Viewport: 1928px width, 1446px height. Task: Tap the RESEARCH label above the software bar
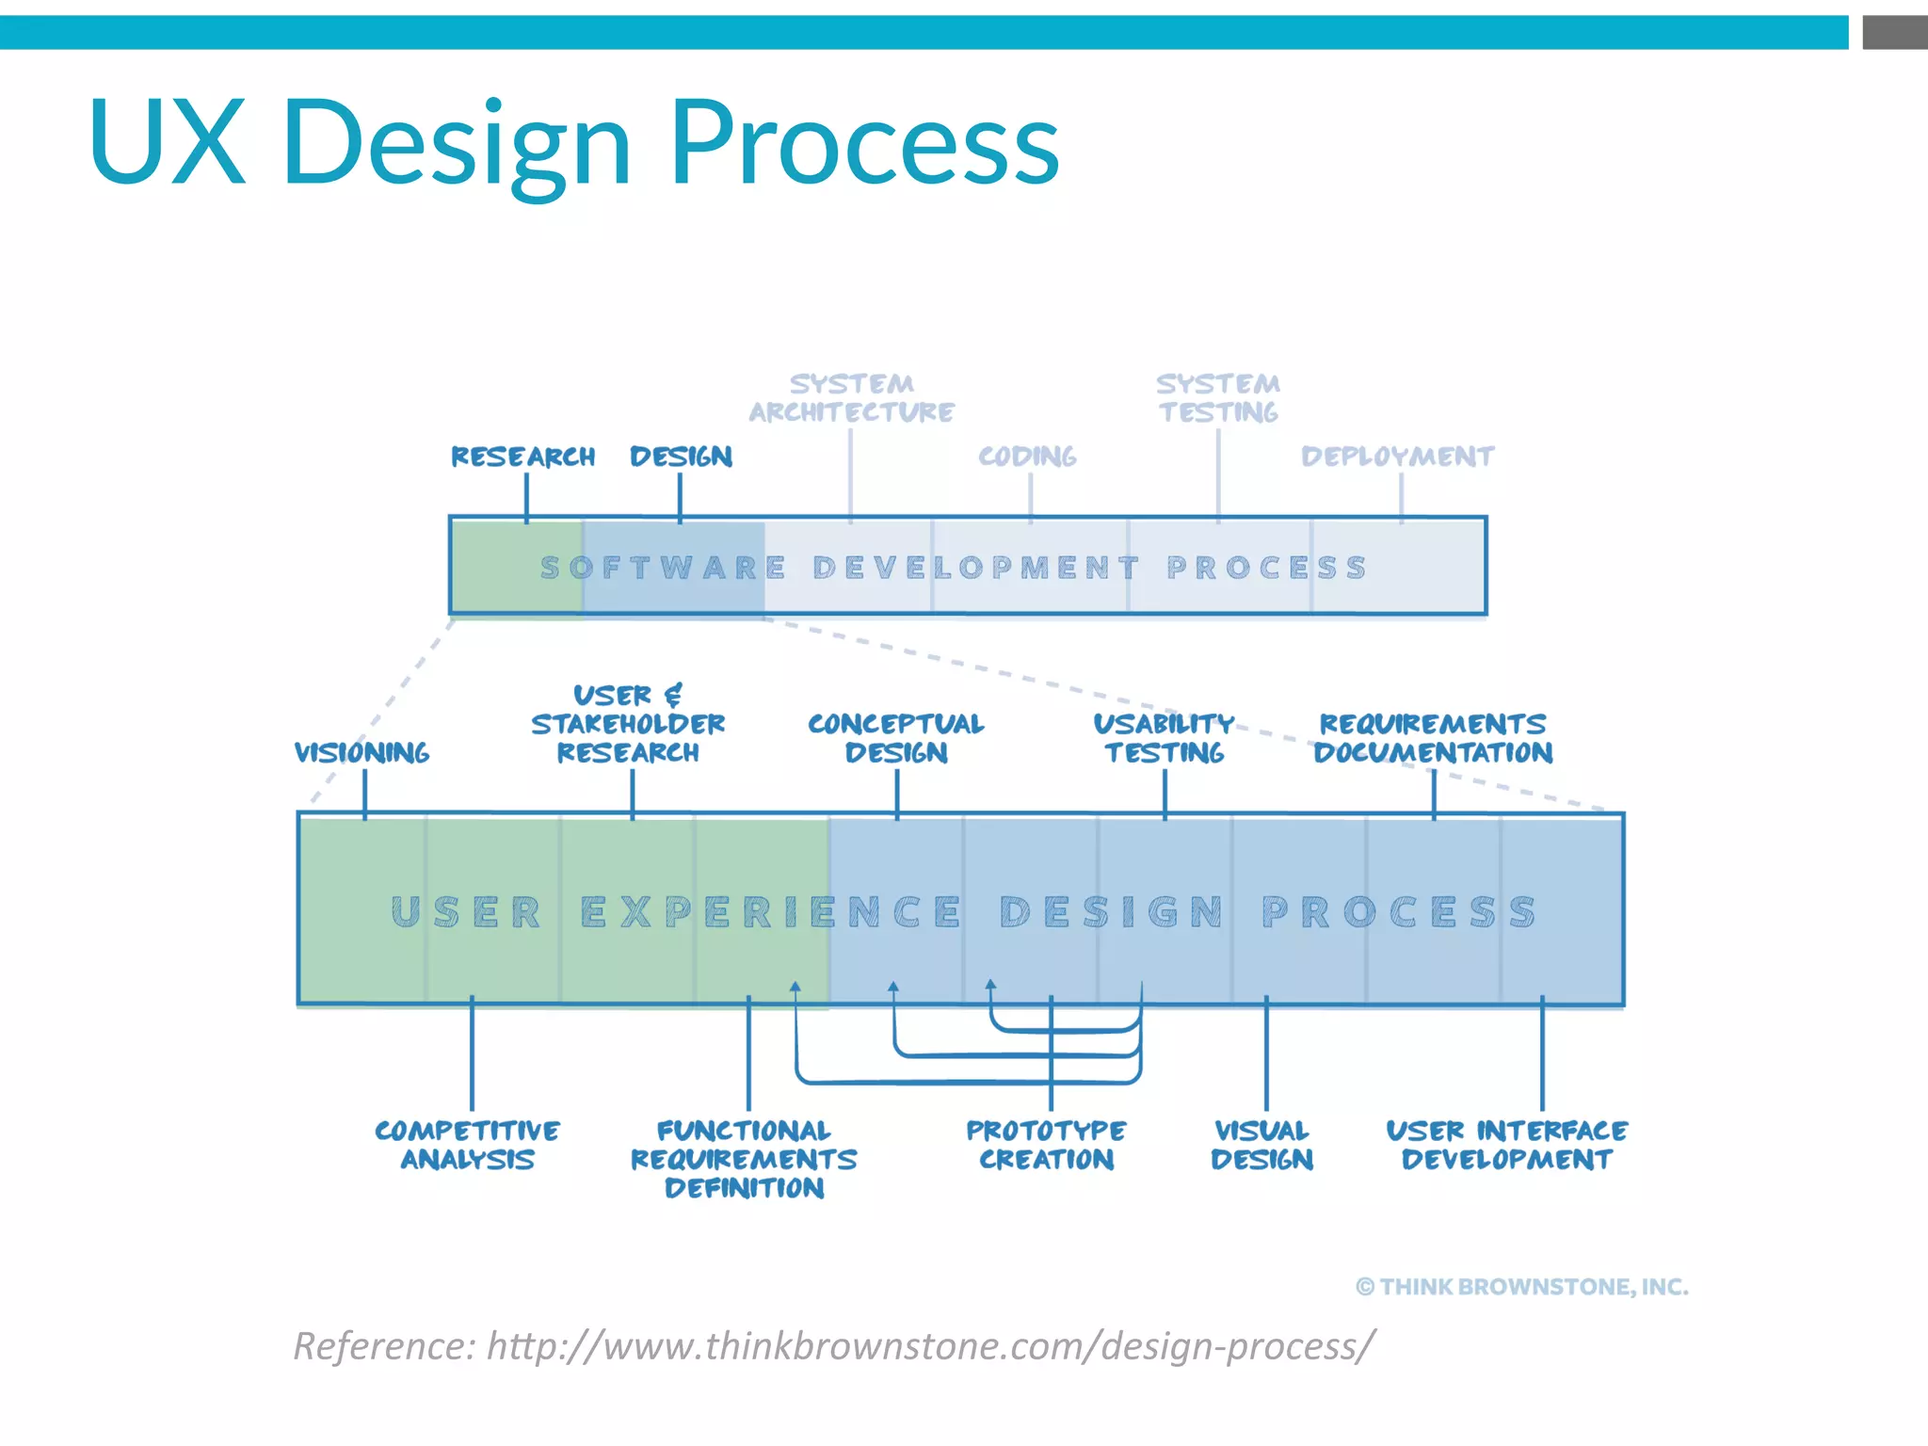click(x=522, y=457)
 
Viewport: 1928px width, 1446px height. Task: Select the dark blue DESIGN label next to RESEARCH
click(x=681, y=457)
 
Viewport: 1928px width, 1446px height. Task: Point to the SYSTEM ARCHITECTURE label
click(x=851, y=398)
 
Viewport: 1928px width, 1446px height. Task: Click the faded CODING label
click(x=1027, y=457)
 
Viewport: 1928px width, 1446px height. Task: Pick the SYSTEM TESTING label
click(x=1217, y=398)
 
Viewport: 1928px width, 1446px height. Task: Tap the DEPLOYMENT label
click(x=1397, y=457)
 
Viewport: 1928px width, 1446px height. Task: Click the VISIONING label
click(x=361, y=752)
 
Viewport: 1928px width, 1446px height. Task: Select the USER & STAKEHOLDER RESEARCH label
click(x=628, y=724)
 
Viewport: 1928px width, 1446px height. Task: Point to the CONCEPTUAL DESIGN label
click(x=895, y=738)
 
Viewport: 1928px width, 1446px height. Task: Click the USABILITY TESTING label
click(x=1164, y=738)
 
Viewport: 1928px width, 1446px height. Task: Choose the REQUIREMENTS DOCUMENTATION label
click(x=1433, y=738)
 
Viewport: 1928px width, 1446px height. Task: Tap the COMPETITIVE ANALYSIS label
click(x=468, y=1145)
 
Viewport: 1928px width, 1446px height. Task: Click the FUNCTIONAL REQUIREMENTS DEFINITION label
click(x=744, y=1159)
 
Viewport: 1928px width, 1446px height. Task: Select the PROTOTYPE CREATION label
click(x=1046, y=1145)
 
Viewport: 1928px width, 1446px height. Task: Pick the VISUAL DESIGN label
click(x=1261, y=1145)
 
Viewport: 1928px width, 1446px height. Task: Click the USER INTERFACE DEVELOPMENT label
click(x=1506, y=1145)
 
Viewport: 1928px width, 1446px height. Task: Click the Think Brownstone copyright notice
click(x=1521, y=1287)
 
